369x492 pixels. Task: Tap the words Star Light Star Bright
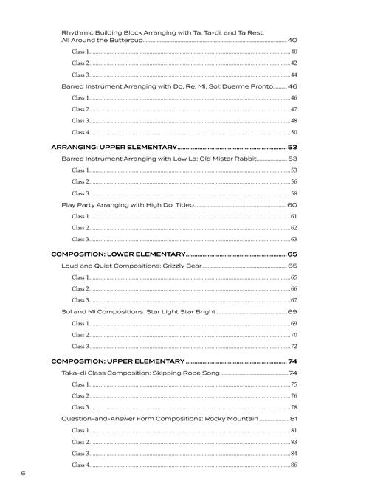(x=179, y=312)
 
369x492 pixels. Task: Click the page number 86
(x=294, y=465)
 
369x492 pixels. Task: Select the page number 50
(x=294, y=132)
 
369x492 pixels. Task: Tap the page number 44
(x=294, y=75)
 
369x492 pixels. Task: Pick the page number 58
(x=294, y=193)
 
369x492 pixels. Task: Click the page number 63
(x=294, y=239)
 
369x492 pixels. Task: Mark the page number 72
(x=294, y=346)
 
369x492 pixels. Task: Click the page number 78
(x=294, y=407)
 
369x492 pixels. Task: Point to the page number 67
(x=294, y=300)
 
